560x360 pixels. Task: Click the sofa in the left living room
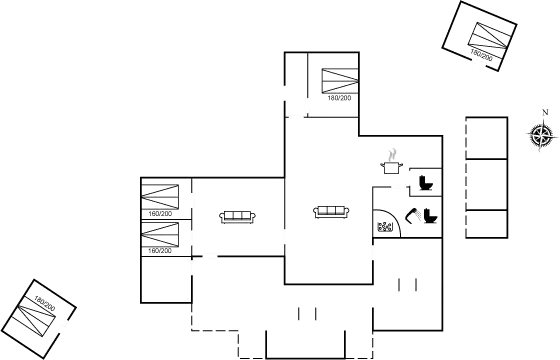(238, 215)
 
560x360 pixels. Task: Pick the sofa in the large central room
(331, 211)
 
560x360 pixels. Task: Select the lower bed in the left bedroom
(160, 238)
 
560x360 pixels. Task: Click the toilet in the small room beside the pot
(425, 182)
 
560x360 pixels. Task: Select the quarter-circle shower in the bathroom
(385, 223)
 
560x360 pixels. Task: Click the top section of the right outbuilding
(487, 137)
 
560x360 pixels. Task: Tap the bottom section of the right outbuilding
(487, 222)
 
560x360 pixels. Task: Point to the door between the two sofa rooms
(285, 237)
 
